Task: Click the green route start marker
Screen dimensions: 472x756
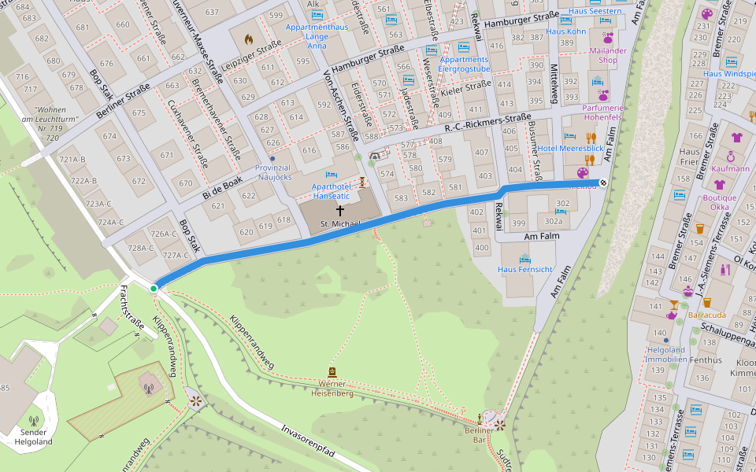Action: [x=154, y=289]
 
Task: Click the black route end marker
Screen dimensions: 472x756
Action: [x=603, y=183]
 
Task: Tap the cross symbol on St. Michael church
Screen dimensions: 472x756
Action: [x=340, y=210]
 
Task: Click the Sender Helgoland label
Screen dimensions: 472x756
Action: [x=33, y=436]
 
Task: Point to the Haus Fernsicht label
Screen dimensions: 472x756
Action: [x=524, y=269]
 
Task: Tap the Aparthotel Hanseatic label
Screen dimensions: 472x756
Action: [x=331, y=192]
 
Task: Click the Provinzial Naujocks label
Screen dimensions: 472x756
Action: [x=273, y=173]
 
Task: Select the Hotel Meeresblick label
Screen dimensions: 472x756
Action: [x=570, y=149]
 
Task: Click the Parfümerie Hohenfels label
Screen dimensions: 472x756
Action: [x=602, y=112]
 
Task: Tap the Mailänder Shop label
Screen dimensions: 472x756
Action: [x=608, y=55]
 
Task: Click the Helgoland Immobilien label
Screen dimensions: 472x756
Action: [x=666, y=355]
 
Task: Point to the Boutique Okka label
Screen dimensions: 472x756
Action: [x=720, y=202]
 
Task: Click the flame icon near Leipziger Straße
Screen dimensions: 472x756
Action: [x=249, y=39]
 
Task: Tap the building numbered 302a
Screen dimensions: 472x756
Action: [x=554, y=222]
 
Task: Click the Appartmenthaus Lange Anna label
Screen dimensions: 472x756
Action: [x=317, y=36]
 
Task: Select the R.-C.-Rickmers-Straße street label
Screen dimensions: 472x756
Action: [x=487, y=123]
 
